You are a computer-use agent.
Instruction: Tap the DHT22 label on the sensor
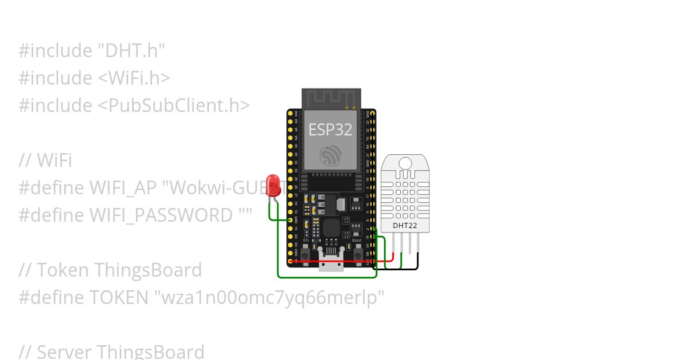pyautogui.click(x=405, y=226)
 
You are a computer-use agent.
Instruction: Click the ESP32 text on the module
pyautogui.click(x=330, y=129)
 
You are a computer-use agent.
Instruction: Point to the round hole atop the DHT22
pyautogui.click(x=405, y=163)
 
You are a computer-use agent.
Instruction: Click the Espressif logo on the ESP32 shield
pyautogui.click(x=330, y=155)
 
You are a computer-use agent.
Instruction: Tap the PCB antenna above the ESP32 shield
pyautogui.click(x=331, y=98)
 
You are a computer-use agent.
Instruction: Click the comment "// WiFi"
pyautogui.click(x=45, y=161)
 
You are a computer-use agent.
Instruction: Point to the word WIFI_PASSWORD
pyautogui.click(x=161, y=215)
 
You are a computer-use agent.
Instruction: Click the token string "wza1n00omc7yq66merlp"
pyautogui.click(x=269, y=298)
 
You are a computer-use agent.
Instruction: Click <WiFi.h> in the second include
pyautogui.click(x=134, y=78)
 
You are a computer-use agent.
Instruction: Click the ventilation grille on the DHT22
pyautogui.click(x=405, y=198)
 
